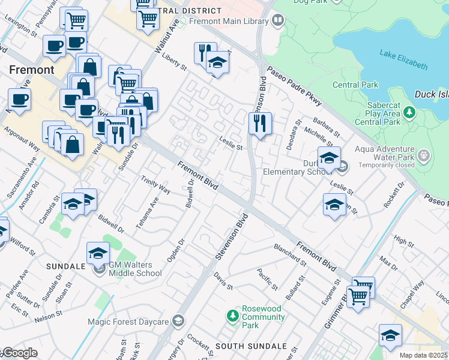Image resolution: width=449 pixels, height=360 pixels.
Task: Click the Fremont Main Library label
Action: point(229,21)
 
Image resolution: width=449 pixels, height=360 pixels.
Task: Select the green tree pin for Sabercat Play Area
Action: point(409,112)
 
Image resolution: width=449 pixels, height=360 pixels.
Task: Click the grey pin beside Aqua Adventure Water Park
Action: point(424,156)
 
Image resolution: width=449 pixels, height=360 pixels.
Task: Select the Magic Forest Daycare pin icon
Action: point(178,322)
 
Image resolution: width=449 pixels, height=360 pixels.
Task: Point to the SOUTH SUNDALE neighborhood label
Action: point(251,346)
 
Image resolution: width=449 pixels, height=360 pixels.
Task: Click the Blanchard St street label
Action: point(291,253)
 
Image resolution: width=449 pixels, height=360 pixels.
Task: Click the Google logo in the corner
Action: point(20,353)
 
